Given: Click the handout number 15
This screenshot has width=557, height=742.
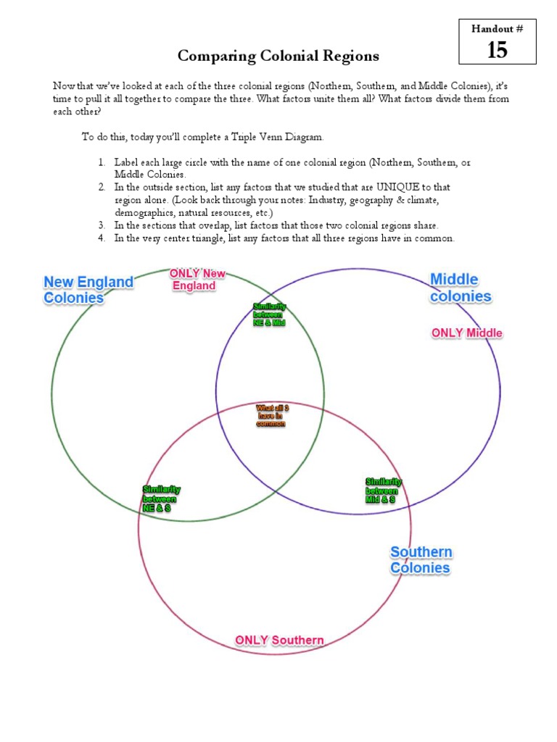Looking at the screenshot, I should [497, 49].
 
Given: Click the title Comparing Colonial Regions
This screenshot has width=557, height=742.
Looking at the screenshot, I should [278, 56].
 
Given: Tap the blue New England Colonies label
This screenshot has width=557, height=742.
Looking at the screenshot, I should [88, 289].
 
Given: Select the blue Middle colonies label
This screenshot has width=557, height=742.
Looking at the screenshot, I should [461, 288].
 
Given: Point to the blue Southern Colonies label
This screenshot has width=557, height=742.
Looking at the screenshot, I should [421, 560].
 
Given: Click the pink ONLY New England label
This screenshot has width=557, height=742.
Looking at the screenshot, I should [197, 280].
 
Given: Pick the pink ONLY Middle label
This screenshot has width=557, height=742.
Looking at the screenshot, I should [466, 333].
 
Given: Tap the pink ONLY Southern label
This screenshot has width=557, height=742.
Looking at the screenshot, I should [279, 641].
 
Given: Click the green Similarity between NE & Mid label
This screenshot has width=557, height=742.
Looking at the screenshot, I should [269, 314].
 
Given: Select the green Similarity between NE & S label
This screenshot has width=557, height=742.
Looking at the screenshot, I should [161, 499].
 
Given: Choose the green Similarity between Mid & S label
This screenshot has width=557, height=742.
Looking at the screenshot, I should [382, 491].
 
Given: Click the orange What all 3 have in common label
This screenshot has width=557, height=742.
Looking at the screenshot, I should [272, 416].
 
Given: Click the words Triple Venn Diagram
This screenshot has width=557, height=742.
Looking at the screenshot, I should [284, 136].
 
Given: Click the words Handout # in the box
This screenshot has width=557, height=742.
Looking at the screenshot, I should [497, 28].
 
